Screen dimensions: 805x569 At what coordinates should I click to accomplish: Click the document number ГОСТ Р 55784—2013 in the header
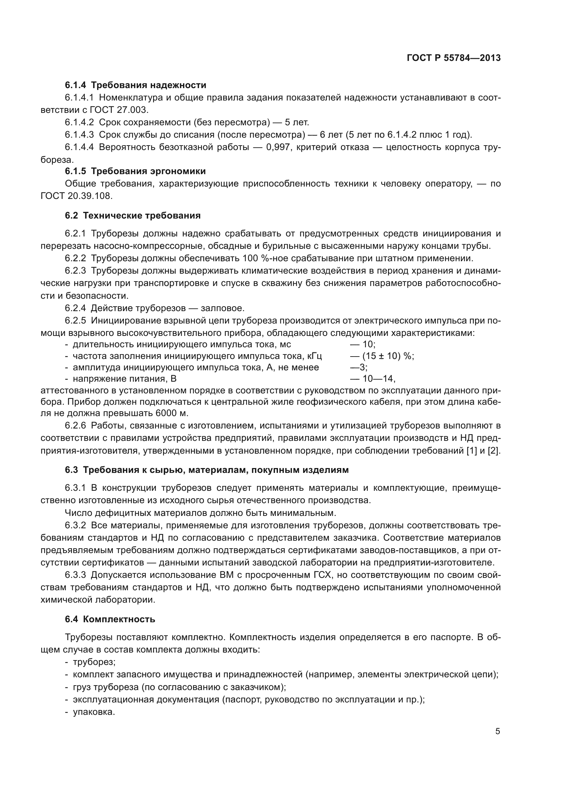pos(453,58)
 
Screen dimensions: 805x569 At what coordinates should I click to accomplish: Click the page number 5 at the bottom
pos(497,731)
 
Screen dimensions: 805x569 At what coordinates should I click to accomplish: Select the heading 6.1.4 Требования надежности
pos(136,85)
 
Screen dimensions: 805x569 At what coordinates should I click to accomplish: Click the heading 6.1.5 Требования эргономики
pos(135,171)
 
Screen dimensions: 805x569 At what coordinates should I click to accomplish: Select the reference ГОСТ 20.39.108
pos(76,196)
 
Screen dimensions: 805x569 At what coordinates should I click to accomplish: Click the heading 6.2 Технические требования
pos(133,216)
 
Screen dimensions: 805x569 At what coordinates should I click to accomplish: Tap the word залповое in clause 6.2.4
pos(222,308)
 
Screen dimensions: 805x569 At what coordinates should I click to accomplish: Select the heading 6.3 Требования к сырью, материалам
pos(207,470)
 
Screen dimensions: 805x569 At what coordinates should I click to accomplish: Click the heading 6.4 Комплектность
pos(110,619)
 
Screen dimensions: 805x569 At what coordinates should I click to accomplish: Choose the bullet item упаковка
pos(94,712)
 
